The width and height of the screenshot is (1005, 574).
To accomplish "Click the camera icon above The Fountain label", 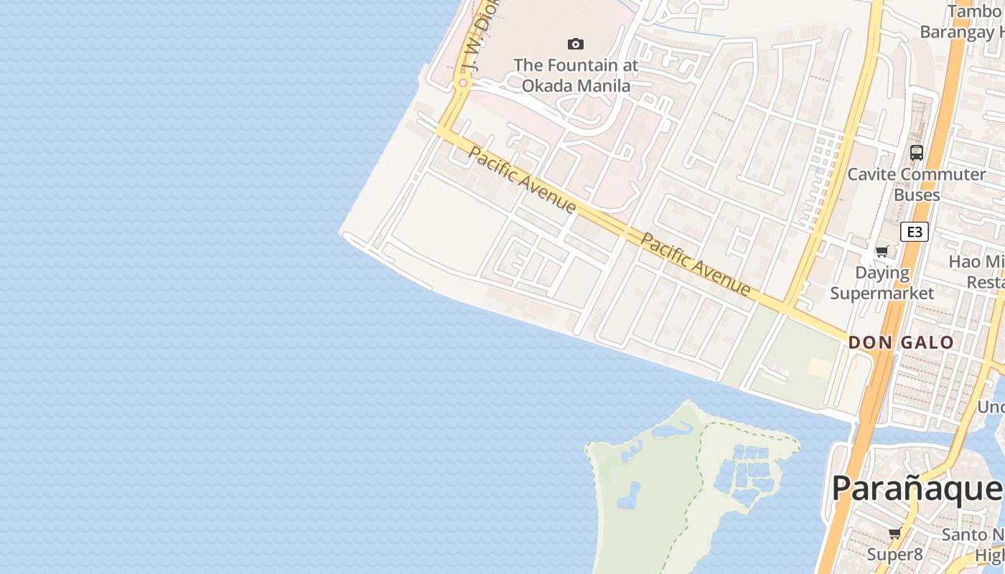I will tap(576, 44).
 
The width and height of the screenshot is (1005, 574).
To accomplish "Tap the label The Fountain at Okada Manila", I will tap(576, 75).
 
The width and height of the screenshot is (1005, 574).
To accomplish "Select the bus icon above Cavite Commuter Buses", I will tap(917, 152).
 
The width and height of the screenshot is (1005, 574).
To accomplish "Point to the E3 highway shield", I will tap(914, 232).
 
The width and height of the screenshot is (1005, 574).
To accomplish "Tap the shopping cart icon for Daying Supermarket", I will tap(882, 252).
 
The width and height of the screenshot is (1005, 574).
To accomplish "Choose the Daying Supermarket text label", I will tap(882, 283).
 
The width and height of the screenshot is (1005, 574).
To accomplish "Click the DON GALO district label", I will tap(901, 342).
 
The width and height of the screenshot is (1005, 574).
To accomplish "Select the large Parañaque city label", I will tap(916, 489).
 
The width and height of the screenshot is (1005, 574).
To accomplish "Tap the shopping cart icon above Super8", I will tap(894, 533).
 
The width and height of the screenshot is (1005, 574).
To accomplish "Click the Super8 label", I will tap(894, 555).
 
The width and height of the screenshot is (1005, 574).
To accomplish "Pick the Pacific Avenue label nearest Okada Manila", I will tap(522, 179).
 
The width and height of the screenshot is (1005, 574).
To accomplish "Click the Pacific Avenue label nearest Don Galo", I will tap(695, 264).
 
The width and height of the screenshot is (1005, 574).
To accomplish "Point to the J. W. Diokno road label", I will tap(479, 36).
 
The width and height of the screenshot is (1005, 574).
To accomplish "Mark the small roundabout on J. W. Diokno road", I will tap(463, 83).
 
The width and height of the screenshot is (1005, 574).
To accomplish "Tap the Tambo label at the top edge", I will tap(975, 12).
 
